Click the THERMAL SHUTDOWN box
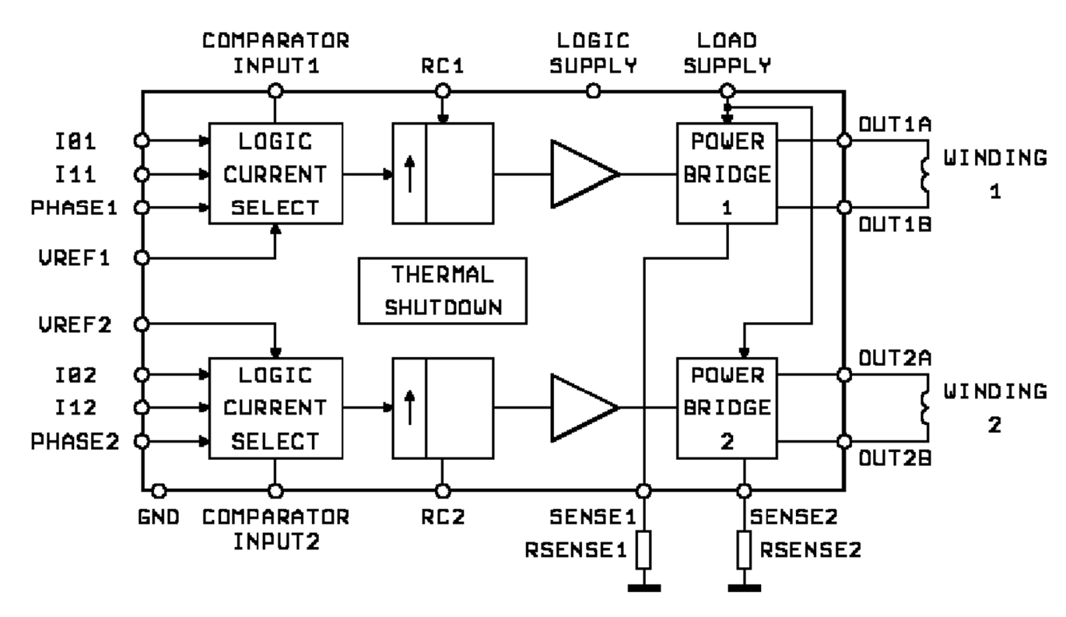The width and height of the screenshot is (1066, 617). click(x=441, y=292)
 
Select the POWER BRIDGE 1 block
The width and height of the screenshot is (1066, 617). click(x=728, y=172)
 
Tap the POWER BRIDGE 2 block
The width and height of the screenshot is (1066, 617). click(x=728, y=407)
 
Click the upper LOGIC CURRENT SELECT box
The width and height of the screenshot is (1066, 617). click(x=275, y=172)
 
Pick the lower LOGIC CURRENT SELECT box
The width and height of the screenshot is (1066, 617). click(x=275, y=407)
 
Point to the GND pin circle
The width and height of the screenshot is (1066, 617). click(x=159, y=491)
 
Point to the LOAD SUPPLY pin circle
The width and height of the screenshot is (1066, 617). click(x=727, y=91)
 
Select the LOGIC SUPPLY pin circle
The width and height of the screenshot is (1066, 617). click(x=593, y=91)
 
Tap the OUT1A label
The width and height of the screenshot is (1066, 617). click(x=884, y=123)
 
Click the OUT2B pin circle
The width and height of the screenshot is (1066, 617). click(x=843, y=442)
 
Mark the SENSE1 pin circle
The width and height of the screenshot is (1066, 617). click(x=643, y=491)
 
